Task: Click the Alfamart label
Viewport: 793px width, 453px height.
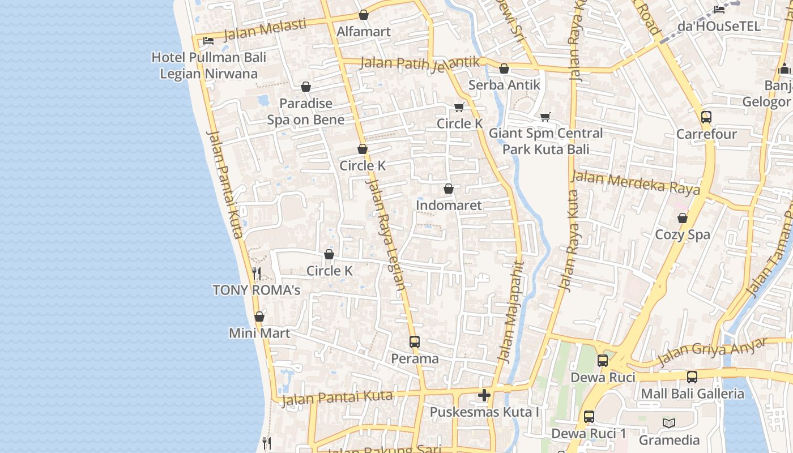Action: coord(364,32)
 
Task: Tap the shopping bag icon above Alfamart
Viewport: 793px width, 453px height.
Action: coord(364,15)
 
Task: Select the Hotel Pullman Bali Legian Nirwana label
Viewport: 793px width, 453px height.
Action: coord(208,66)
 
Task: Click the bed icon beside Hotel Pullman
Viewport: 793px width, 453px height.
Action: coord(208,41)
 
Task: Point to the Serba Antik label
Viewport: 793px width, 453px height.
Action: coord(504,85)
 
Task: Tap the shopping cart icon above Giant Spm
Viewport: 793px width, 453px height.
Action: coord(545,117)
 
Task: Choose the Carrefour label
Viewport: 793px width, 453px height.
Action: coord(706,134)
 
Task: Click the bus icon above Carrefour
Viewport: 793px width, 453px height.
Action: coord(706,117)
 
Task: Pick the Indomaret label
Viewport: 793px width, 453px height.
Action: coord(449,205)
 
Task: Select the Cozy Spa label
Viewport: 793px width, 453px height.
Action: coord(682,234)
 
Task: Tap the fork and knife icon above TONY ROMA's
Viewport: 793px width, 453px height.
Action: coord(257,273)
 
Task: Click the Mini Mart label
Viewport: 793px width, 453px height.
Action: coord(259,333)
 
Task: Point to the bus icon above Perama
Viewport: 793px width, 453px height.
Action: coord(415,342)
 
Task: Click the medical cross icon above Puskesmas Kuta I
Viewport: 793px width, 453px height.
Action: coord(484,395)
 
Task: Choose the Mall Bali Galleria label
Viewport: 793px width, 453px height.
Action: coord(692,394)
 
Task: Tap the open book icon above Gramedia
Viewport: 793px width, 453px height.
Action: coord(669,423)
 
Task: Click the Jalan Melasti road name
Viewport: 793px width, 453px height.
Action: coord(265,29)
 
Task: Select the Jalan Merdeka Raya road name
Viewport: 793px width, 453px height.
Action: coord(636,182)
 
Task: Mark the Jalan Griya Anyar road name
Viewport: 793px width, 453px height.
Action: coord(713,351)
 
